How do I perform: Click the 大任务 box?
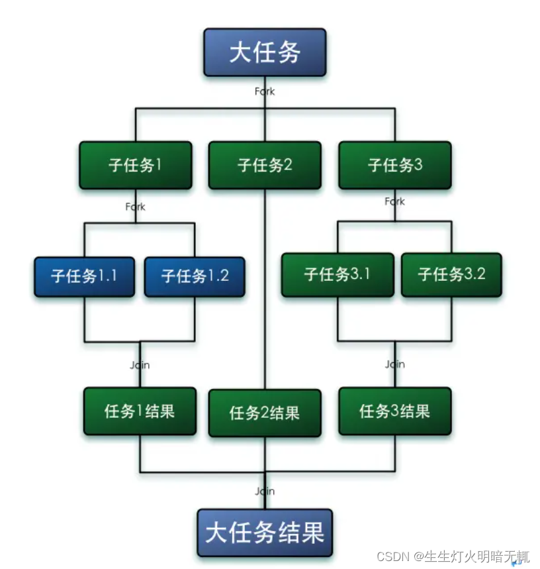(x=265, y=52)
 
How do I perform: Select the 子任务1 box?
(x=136, y=165)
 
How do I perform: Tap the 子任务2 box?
(x=265, y=165)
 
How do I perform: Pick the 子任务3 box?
(x=394, y=165)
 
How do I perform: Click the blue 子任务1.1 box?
(x=84, y=276)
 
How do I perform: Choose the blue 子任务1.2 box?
(x=195, y=276)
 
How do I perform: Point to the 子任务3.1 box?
(x=337, y=274)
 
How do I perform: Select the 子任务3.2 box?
(x=451, y=274)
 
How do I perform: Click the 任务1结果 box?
(x=140, y=411)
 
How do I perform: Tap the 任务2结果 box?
(x=265, y=413)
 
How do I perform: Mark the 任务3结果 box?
(x=394, y=411)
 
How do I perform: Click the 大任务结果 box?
(x=265, y=533)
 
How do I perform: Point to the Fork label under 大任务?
(x=265, y=91)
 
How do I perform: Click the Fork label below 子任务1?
(x=136, y=207)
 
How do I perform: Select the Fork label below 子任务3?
(x=394, y=201)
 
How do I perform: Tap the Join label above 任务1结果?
(x=140, y=364)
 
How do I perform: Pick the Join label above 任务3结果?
(x=394, y=364)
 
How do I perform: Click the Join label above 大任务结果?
(x=265, y=491)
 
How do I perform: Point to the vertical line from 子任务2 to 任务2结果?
(x=265, y=291)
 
